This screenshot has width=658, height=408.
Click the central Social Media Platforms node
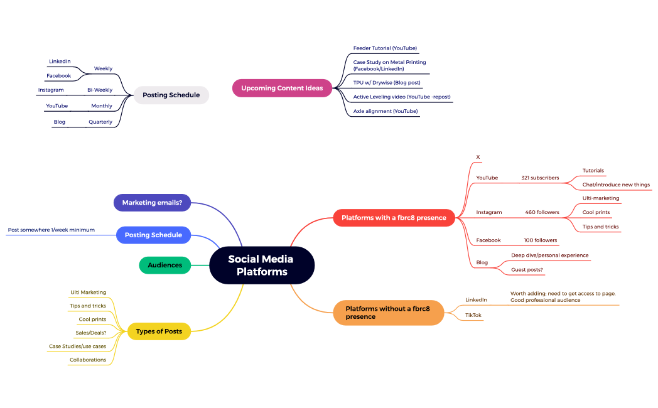point(261,265)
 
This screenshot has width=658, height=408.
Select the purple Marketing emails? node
point(152,203)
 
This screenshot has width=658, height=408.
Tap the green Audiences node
point(164,265)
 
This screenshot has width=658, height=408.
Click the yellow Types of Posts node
point(159,331)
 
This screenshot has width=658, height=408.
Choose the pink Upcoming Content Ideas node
point(282,88)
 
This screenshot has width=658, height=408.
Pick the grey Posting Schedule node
point(171,95)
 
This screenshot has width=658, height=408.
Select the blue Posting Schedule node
point(153,235)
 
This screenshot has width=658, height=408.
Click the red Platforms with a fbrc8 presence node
point(394,218)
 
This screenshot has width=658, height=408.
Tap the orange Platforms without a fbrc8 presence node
point(388,313)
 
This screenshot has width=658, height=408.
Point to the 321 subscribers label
point(539,178)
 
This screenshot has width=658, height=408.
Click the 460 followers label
point(542,212)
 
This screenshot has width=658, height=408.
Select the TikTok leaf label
point(473,314)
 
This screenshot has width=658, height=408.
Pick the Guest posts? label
point(527,269)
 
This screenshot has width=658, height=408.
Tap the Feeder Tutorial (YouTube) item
point(385,48)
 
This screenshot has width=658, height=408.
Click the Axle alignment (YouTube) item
point(385,111)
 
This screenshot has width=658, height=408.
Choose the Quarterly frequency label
point(100,122)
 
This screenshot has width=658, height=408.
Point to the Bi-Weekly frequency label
point(100,90)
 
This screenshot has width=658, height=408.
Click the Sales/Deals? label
point(91,333)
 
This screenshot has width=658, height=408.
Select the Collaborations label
point(88,360)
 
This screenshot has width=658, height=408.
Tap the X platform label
point(478,157)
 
